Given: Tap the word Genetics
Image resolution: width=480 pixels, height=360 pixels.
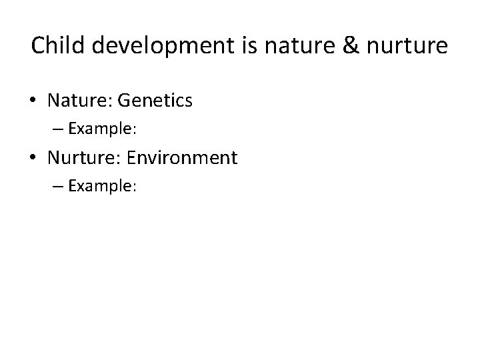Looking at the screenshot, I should (x=155, y=101).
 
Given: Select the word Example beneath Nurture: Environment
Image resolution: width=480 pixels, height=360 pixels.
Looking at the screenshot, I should (x=99, y=186).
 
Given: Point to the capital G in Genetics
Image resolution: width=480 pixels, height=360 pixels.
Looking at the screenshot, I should (x=123, y=101).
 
